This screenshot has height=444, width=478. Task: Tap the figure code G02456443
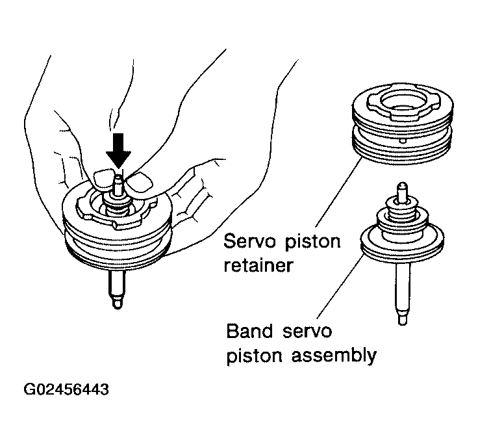(x=66, y=391)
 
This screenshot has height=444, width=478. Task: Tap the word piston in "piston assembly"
(x=255, y=356)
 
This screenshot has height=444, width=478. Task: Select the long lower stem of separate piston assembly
(x=401, y=286)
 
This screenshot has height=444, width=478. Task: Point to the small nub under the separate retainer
(x=403, y=140)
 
